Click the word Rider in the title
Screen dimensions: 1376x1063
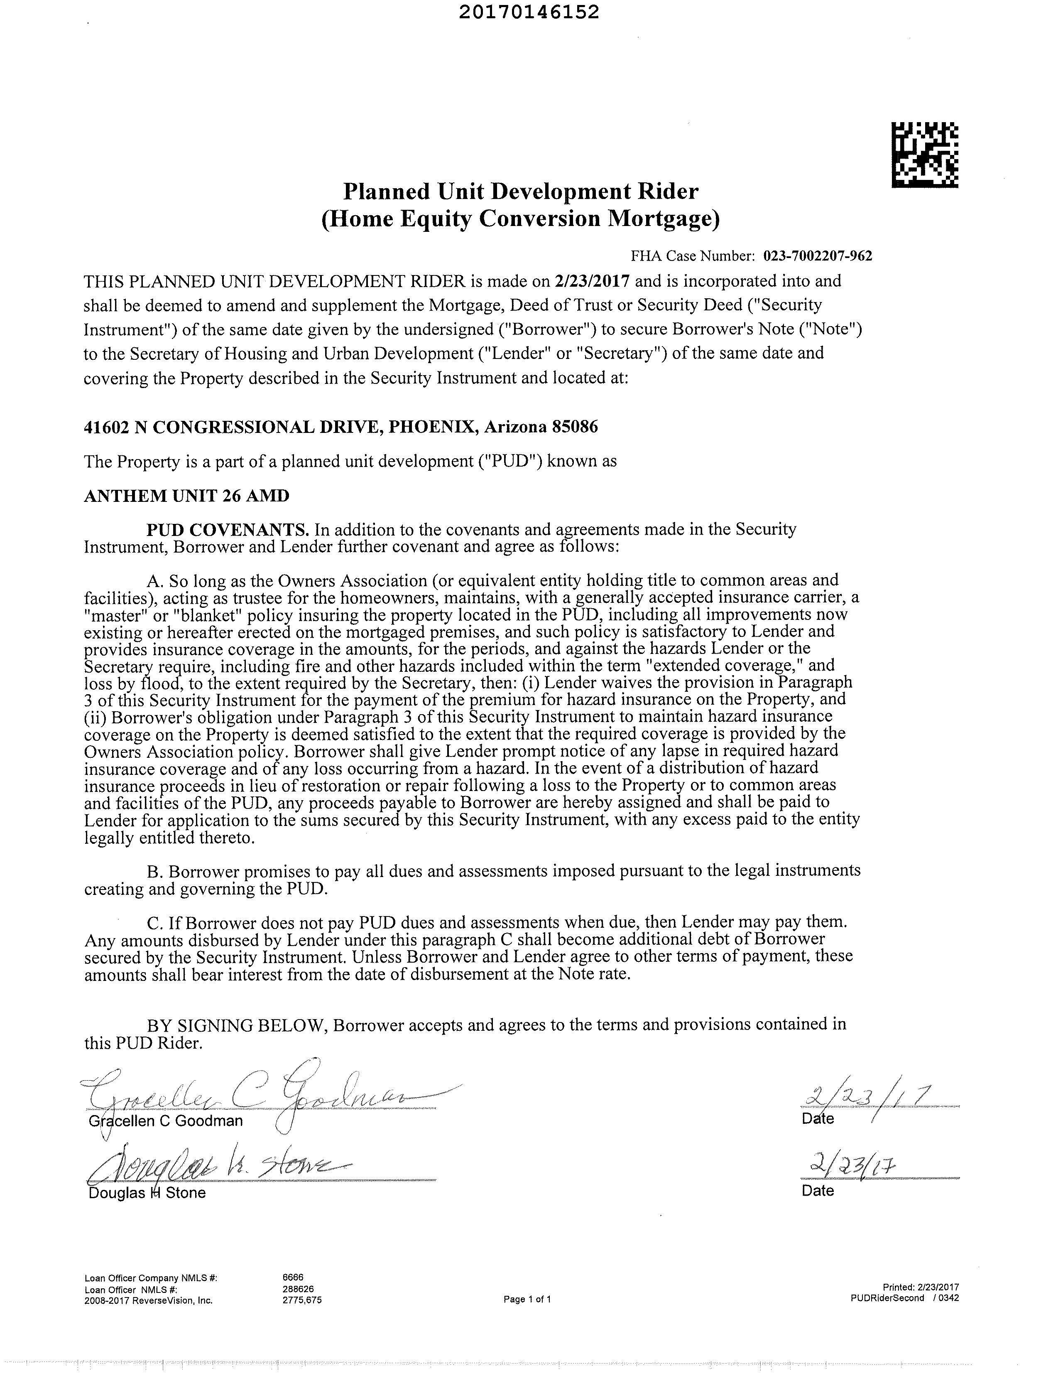tap(670, 191)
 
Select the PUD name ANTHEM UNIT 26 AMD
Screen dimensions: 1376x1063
tap(186, 496)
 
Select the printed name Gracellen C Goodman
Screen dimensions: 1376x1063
tap(166, 1121)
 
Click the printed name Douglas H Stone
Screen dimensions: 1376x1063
tap(147, 1193)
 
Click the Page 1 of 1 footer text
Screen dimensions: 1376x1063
tap(527, 1299)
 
